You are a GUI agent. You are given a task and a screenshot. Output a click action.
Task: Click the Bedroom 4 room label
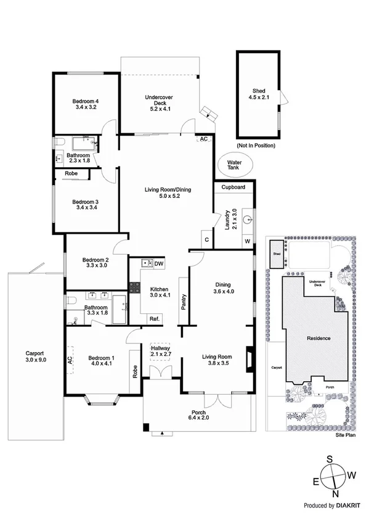(86, 104)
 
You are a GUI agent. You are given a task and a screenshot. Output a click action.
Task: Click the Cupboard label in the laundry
(233, 187)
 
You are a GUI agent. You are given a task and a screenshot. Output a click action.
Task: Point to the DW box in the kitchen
(159, 263)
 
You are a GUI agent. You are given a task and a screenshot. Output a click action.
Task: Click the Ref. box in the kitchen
(155, 318)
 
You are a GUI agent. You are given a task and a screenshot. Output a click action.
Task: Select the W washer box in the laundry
(248, 240)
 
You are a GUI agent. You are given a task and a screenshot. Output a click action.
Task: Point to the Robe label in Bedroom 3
(71, 175)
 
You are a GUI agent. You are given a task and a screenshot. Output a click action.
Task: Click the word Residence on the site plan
(318, 338)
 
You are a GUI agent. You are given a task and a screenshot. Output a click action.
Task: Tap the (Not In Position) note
(255, 146)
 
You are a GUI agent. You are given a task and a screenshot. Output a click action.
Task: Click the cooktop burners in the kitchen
(135, 286)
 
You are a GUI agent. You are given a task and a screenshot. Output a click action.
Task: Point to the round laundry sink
(247, 218)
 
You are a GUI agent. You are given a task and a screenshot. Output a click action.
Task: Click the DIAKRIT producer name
(351, 505)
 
